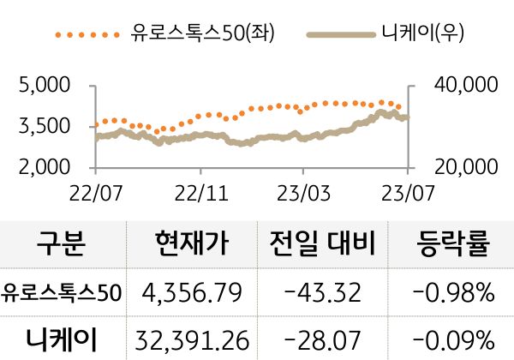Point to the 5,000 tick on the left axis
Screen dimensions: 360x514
44,86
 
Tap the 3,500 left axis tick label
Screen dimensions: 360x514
44,127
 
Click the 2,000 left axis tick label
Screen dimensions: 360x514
44,167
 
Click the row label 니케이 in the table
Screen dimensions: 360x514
63,339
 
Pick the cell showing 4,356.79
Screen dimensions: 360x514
193,293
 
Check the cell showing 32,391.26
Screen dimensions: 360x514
193,339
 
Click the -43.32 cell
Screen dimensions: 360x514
324,293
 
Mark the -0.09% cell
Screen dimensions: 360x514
453,339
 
